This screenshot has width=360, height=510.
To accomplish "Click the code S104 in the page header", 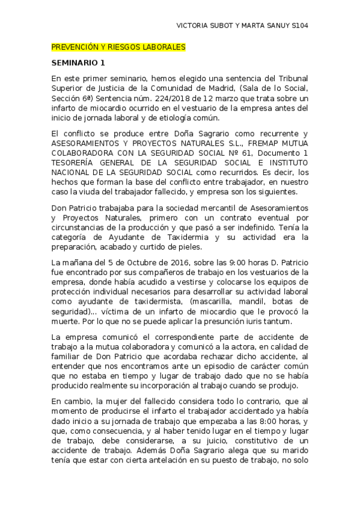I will [x=299, y=26].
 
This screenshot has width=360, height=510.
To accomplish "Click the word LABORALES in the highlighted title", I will [x=164, y=47].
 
